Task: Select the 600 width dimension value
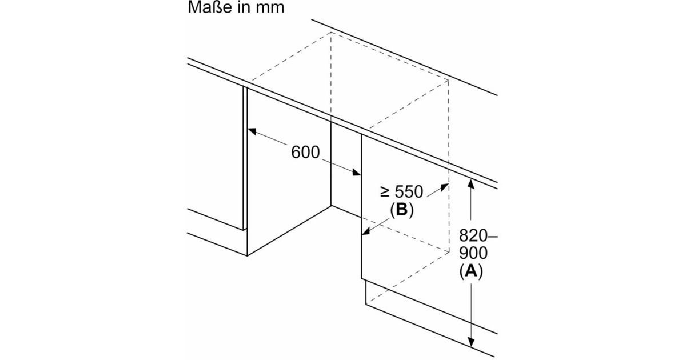(305, 153)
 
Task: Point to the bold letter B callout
(401, 210)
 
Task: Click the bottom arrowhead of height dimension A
(471, 344)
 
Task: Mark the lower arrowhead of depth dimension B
(366, 233)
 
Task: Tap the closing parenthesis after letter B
(411, 211)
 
